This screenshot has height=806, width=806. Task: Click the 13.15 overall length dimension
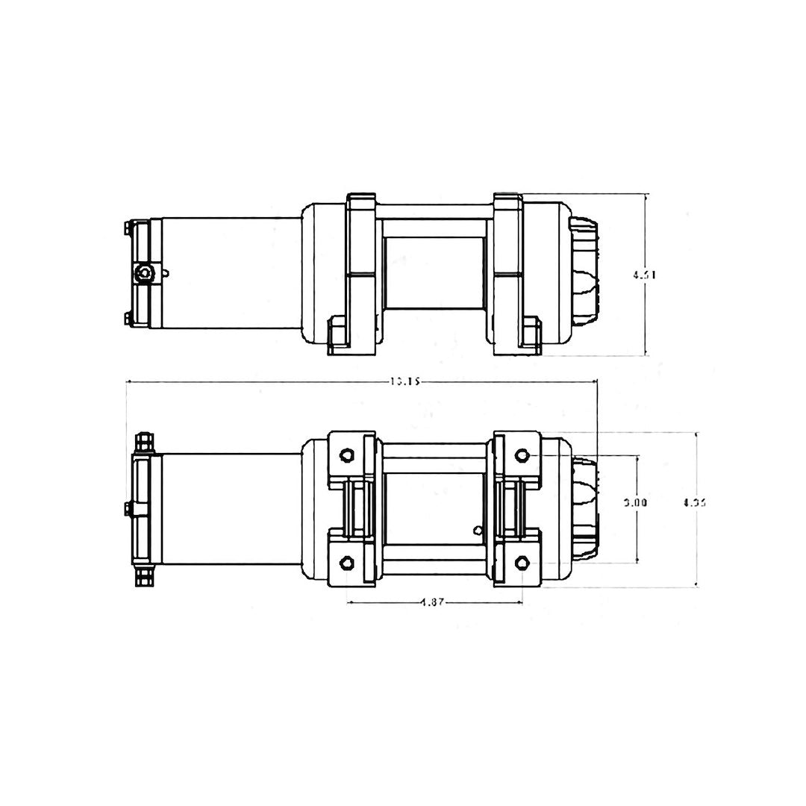click(x=406, y=381)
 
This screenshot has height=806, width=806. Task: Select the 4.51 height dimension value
click(x=644, y=274)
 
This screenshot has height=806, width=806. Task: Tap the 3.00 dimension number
click(x=635, y=502)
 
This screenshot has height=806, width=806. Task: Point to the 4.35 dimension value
click(x=694, y=502)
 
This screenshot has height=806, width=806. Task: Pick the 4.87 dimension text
click(x=434, y=602)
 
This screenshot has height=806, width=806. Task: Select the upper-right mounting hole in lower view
click(x=522, y=455)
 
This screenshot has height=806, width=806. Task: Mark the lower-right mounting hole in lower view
click(x=522, y=562)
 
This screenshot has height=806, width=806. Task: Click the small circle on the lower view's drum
click(x=476, y=531)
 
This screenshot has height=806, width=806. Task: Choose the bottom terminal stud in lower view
click(x=143, y=575)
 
